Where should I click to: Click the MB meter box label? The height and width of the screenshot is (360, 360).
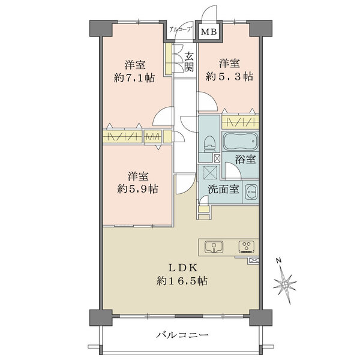pyautogui.click(x=209, y=32)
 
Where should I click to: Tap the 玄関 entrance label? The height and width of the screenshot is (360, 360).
pyautogui.click(x=189, y=62)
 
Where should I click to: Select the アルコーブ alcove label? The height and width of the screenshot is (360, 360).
pyautogui.click(x=181, y=29)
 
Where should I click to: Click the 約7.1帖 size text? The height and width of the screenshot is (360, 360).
pyautogui.click(x=134, y=78)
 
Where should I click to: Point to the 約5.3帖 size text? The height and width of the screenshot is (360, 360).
pyautogui.click(x=229, y=76)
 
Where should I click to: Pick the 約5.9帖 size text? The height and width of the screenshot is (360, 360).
pyautogui.click(x=137, y=189)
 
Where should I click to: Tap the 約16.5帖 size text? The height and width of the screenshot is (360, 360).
pyautogui.click(x=182, y=281)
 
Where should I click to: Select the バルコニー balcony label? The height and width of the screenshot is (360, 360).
pyautogui.click(x=182, y=335)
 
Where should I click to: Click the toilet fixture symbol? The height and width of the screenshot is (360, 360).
pyautogui.click(x=209, y=144)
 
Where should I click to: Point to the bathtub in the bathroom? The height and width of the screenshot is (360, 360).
pyautogui.click(x=241, y=141)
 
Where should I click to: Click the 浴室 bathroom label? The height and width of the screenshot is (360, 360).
pyautogui.click(x=245, y=159)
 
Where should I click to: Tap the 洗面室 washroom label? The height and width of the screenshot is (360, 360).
pyautogui.click(x=224, y=190)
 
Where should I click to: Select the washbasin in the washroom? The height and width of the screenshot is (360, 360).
pyautogui.click(x=251, y=192)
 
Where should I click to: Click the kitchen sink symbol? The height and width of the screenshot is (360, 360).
pyautogui.click(x=214, y=247)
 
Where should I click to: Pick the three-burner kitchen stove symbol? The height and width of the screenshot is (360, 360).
pyautogui.click(x=247, y=247)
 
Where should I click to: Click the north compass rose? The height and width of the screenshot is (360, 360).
pyautogui.click(x=284, y=284)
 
